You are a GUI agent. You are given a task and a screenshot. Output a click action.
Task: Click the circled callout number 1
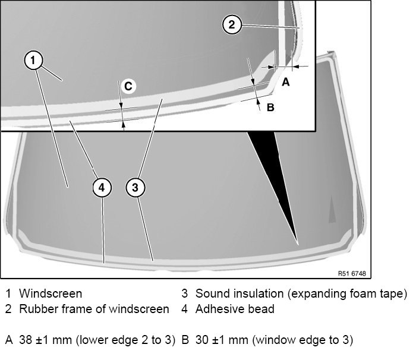point(34,60)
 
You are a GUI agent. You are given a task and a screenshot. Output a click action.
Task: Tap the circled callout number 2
point(232,24)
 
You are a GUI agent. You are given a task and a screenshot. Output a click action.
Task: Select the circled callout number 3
point(136,187)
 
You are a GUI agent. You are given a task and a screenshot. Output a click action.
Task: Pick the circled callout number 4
point(102,187)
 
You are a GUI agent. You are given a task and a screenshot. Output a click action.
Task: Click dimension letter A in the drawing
point(285,83)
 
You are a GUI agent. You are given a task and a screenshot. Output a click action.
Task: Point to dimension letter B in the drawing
point(270,108)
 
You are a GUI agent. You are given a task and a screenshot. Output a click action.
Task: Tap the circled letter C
point(128,86)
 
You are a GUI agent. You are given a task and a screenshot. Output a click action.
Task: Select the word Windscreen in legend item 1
point(51,293)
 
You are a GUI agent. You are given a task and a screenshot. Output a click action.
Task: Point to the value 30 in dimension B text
point(200,340)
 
